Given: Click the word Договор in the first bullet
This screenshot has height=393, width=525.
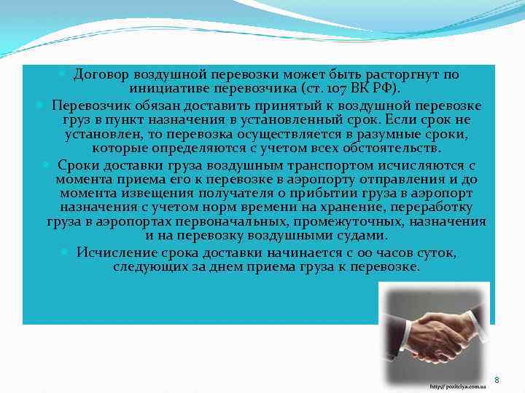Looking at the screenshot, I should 97,74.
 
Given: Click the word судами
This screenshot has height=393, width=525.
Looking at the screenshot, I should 361,236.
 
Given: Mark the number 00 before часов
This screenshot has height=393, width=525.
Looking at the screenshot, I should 336,253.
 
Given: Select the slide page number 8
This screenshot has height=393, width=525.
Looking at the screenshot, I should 497,380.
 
